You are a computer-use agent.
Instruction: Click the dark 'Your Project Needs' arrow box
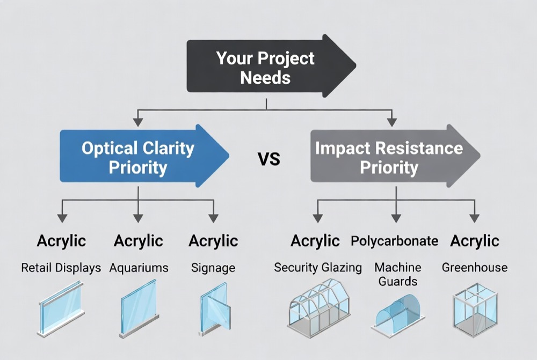(x=266, y=68)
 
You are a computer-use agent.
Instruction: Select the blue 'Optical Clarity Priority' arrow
(x=139, y=157)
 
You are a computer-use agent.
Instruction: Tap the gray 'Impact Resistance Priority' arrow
(x=389, y=157)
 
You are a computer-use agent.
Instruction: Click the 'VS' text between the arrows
(x=271, y=158)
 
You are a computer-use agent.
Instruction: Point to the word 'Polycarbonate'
(x=394, y=241)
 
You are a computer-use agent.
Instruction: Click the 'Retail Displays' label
(x=61, y=268)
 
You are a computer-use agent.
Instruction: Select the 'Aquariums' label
(x=139, y=268)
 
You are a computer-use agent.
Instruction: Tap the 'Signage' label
(x=213, y=268)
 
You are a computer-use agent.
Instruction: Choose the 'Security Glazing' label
(x=318, y=267)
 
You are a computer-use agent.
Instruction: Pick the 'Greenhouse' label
(x=474, y=267)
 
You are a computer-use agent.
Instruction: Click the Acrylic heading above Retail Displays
(x=61, y=241)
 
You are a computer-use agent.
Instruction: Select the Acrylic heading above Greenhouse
(x=475, y=241)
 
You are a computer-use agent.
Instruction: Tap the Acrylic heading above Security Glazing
(x=315, y=241)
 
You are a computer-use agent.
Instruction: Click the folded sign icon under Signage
(x=214, y=311)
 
